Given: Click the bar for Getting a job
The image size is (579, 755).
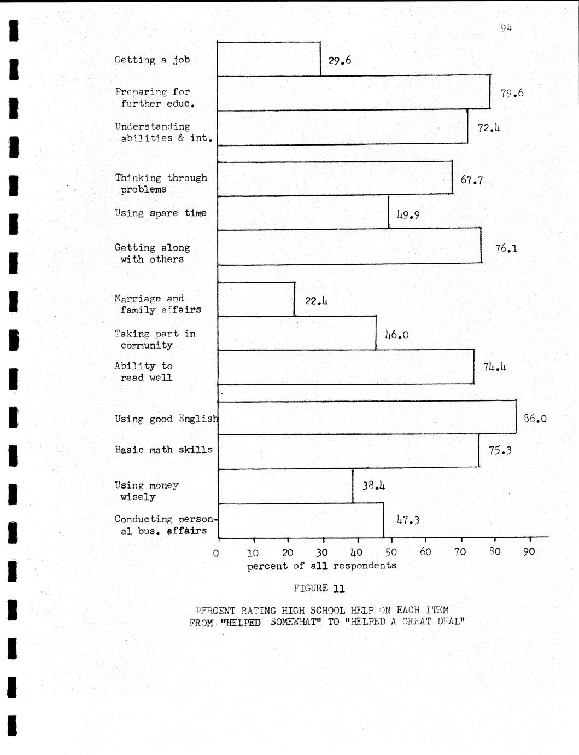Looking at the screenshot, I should (x=268, y=59).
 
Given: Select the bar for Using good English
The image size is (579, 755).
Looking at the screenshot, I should (x=366, y=417).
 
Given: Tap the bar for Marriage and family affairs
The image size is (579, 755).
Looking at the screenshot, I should (x=256, y=299).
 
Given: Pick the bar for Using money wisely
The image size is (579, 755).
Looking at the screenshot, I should (x=285, y=486).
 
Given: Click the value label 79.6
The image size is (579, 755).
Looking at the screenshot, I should (x=512, y=93).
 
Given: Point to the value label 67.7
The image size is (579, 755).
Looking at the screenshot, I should (x=471, y=180).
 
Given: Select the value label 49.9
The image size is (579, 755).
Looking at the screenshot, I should (x=408, y=215).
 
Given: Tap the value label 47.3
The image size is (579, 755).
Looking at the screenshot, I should (x=407, y=520).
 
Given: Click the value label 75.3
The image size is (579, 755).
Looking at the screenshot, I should (x=500, y=450).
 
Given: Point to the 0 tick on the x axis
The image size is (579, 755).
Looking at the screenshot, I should (x=216, y=553).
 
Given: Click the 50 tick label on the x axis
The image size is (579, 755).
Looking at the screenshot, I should (x=391, y=551).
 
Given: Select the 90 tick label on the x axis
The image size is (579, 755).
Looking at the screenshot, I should (x=529, y=551).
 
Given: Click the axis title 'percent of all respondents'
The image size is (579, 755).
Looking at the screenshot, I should (x=321, y=566).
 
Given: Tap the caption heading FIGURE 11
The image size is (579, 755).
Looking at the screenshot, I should (x=319, y=589).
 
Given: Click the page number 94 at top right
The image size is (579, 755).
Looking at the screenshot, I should (x=506, y=28).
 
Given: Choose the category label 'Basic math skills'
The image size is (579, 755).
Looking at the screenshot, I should (x=163, y=450).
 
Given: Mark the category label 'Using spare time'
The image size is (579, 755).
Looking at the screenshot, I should (x=160, y=213).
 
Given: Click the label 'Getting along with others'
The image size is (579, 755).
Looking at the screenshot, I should (x=152, y=253).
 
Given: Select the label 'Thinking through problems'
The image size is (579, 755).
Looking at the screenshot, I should (x=161, y=183).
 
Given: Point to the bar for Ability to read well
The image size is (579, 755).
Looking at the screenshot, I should (x=346, y=367).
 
